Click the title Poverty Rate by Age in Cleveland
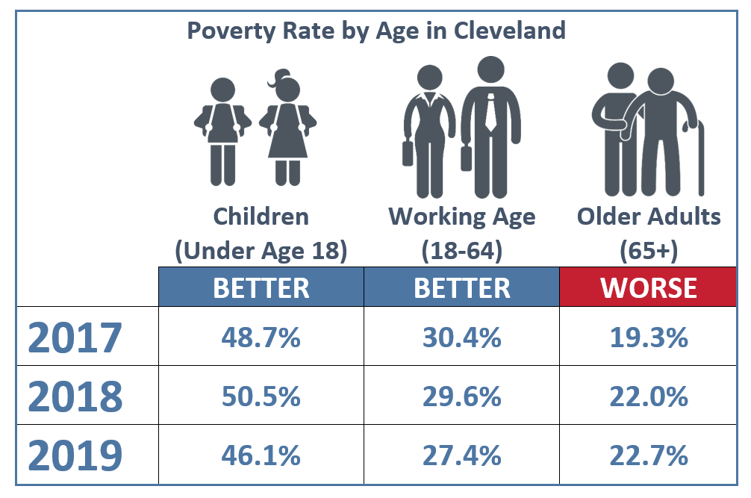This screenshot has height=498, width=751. coord(375,31)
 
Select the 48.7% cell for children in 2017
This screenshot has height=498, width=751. coord(261,337)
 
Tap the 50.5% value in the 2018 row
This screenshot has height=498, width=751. coord(261,396)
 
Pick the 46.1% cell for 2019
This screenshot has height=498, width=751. coord(261,454)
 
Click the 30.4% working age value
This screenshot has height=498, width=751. coord(461,337)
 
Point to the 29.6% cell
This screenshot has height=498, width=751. coord(461,396)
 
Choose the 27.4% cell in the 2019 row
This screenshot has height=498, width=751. coord(461,454)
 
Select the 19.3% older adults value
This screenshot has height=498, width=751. coord(648,337)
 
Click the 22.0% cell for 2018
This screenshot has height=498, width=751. coord(648,396)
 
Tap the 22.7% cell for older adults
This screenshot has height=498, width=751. coord(648,454)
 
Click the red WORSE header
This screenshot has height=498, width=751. coord(648,287)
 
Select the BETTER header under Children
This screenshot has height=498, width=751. coord(261,287)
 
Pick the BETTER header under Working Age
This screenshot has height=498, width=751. coord(461,287)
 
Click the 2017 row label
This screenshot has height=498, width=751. coord(75,338)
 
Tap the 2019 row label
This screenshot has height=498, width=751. coord(75,455)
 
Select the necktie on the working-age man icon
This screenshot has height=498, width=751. coord(491,112)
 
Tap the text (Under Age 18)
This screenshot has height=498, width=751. coord(261,252)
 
